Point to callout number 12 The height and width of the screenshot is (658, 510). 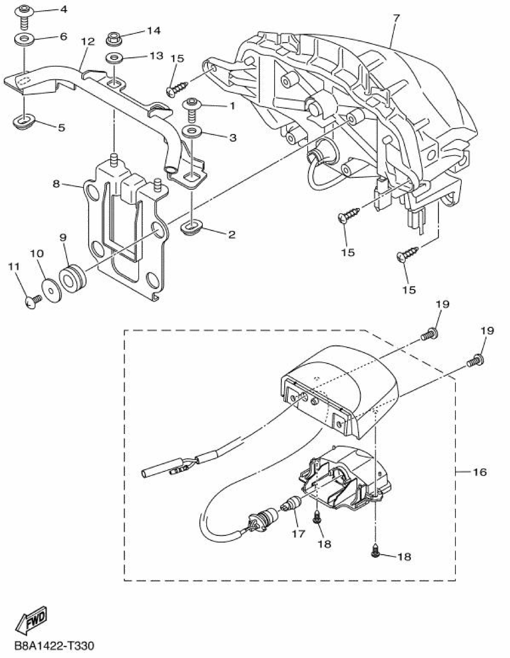(x=88, y=41)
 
